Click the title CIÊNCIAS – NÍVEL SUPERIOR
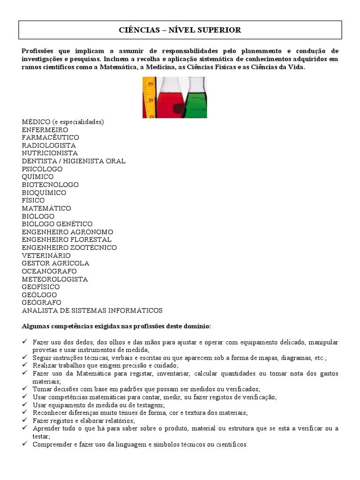(180, 30)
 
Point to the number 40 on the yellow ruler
(150, 84)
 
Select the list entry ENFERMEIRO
(45, 129)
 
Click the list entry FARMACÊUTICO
(50, 137)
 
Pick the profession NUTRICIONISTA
(50, 153)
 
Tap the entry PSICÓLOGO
(42, 169)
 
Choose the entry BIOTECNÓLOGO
(50, 185)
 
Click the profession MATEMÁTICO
(46, 208)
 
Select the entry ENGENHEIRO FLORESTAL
(67, 240)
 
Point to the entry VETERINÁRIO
(46, 255)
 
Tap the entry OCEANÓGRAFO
(49, 271)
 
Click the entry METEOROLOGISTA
(55, 279)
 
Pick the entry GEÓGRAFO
(41, 302)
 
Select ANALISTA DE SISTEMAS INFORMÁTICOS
(92, 310)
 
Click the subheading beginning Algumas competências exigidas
(116, 326)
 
